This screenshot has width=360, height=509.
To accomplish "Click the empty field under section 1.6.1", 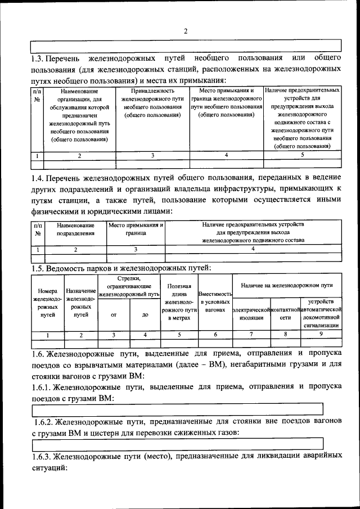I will coord(177,409).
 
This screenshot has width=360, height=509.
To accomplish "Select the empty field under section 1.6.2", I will coord(177,444).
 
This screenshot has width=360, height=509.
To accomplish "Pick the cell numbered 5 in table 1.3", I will coord(302,155).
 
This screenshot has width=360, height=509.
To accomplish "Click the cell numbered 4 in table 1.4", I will coord(253,249).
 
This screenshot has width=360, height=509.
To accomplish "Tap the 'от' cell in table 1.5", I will coord(114,315).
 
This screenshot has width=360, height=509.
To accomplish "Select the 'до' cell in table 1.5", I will coord(145,315).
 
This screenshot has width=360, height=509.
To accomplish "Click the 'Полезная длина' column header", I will coord(179,302).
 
